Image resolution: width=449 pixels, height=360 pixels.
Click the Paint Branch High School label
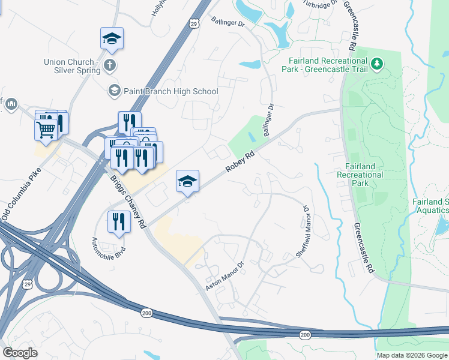170,91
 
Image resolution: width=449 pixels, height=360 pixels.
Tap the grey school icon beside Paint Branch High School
113,91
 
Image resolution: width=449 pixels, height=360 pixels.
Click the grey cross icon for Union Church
110,64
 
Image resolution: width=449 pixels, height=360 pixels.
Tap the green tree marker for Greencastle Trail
377,64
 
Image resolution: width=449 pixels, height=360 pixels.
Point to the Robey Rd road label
240,162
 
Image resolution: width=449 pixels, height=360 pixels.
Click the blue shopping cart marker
46,128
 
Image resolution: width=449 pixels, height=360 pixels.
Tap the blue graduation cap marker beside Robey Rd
187,181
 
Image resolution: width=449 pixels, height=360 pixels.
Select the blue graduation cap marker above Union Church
112,39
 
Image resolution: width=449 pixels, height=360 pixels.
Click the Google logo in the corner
20,353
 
